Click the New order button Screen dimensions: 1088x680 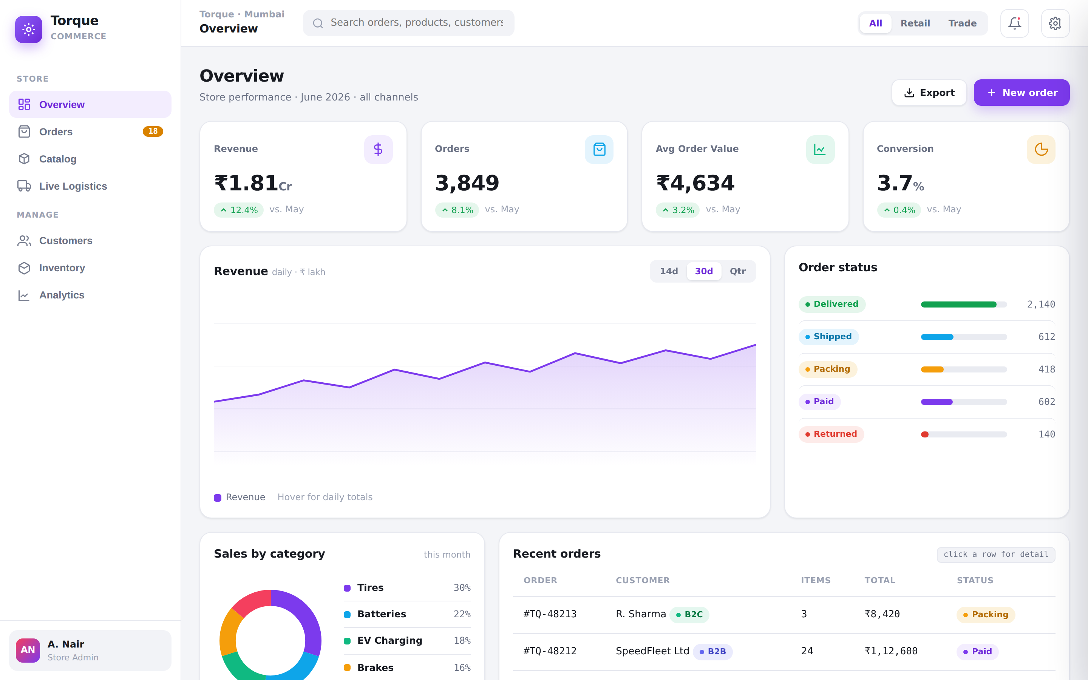pyautogui.click(x=1022, y=93)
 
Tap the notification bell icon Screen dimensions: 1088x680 pyautogui.click(x=1014, y=23)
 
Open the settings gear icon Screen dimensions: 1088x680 pyautogui.click(x=1055, y=23)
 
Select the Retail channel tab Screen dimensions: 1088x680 pyautogui.click(x=915, y=23)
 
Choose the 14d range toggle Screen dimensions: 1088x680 pyautogui.click(x=669, y=271)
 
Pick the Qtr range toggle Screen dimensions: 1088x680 pyautogui.click(x=737, y=271)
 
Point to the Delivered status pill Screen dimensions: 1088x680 pyautogui.click(x=832, y=304)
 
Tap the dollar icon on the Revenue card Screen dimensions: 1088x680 pyautogui.click(x=378, y=149)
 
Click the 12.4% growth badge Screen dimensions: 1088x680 pyautogui.click(x=238, y=210)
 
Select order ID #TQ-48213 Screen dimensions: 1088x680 pyautogui.click(x=550, y=614)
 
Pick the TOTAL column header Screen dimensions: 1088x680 pyautogui.click(x=879, y=581)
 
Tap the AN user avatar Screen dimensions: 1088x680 pyautogui.click(x=28, y=650)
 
